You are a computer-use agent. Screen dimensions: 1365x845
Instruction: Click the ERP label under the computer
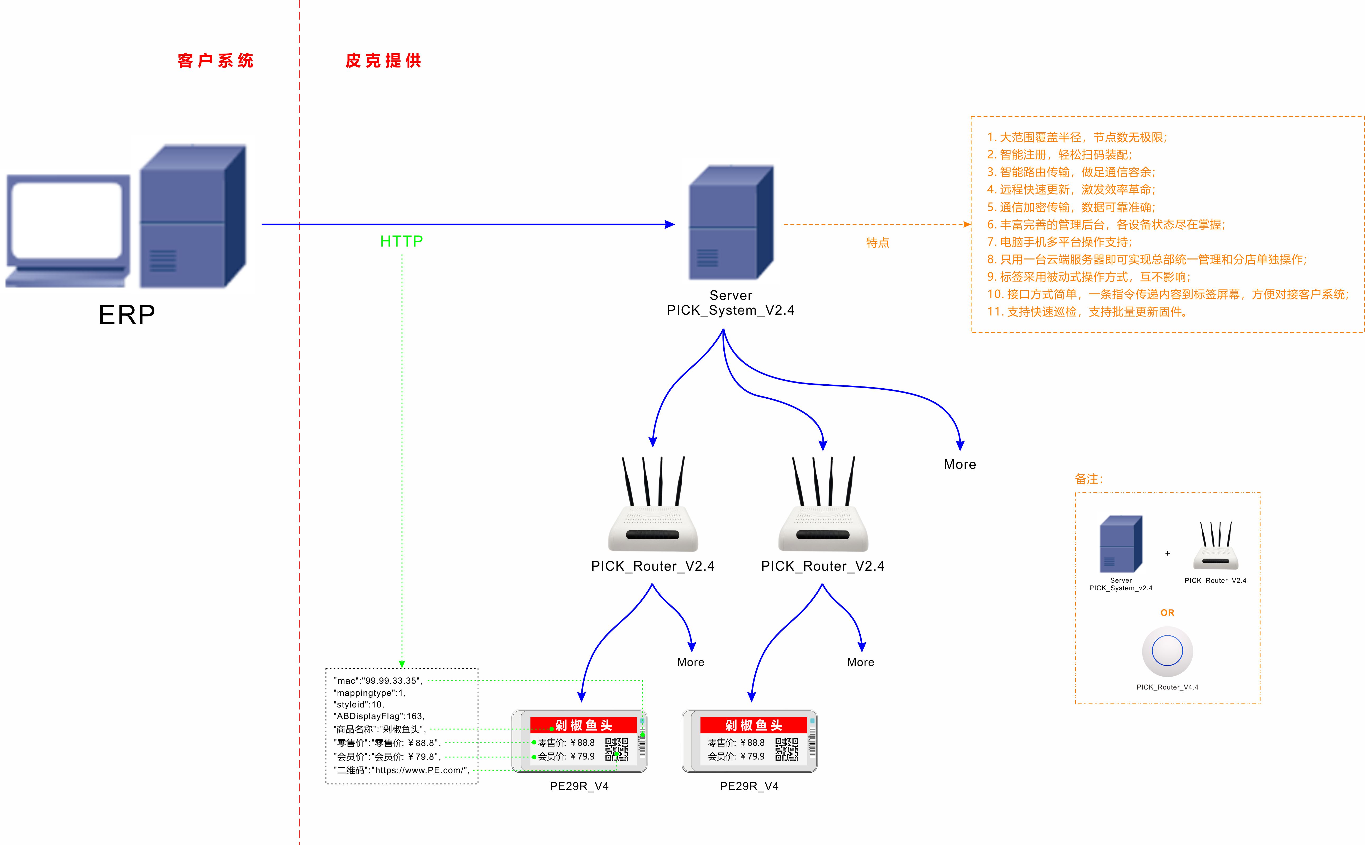(127, 315)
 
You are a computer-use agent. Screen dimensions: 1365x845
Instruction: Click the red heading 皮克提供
(383, 60)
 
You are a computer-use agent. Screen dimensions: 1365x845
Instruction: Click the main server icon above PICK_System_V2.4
(731, 223)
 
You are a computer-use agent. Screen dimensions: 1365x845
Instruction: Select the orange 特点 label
(877, 243)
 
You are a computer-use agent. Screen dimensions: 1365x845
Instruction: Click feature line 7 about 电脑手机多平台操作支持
(1059, 242)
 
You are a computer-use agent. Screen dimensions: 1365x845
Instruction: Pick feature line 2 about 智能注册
(1059, 155)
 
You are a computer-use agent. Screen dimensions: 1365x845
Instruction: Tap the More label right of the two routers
(959, 464)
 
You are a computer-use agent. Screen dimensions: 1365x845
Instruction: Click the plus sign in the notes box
(1167, 553)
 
